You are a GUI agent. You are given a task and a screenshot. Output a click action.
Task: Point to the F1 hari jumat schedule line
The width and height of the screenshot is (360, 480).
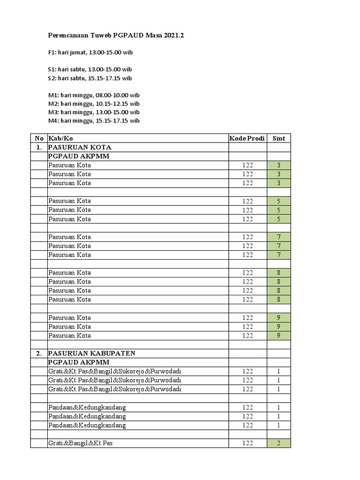(87, 52)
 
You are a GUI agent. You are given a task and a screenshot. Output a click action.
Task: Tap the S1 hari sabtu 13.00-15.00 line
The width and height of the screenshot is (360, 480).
(90, 69)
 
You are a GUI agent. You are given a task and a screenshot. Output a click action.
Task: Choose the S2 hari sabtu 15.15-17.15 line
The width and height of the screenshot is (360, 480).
(90, 78)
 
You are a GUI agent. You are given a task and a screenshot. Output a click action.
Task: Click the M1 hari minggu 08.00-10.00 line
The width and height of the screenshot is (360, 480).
(94, 95)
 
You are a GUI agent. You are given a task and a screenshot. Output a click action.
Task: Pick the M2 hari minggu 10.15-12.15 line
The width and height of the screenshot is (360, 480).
(94, 104)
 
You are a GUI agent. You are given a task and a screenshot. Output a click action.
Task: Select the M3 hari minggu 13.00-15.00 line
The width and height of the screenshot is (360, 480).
(94, 112)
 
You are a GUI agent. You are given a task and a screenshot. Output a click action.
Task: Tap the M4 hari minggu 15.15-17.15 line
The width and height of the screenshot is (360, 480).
(94, 120)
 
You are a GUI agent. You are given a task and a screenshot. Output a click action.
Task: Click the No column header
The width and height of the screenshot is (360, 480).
(39, 138)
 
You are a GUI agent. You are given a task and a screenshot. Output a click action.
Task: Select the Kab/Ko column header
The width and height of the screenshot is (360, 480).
(61, 138)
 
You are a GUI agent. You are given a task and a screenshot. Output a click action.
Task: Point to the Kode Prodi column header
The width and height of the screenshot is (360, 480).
(247, 138)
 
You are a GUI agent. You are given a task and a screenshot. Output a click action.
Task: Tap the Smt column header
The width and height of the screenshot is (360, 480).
(278, 138)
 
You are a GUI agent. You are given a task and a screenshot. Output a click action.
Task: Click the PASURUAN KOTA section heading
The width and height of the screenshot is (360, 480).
(80, 147)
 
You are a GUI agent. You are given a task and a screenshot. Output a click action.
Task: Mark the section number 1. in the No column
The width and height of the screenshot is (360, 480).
(39, 147)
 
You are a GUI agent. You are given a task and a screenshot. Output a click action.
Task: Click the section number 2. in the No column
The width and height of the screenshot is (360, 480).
(39, 353)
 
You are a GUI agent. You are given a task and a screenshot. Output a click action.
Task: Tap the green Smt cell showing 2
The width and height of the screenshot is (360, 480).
(278, 443)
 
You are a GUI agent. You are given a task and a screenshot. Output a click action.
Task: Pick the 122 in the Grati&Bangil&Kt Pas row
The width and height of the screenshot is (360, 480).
(247, 443)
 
